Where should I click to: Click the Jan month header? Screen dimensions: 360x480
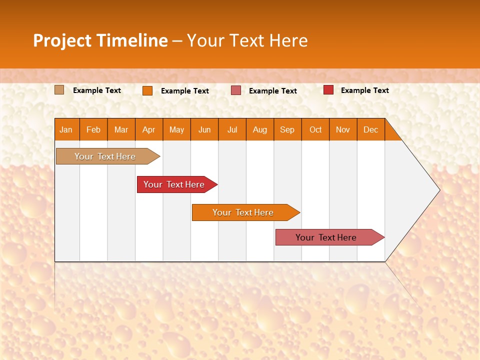[66, 129]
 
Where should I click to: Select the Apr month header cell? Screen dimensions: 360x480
[149, 129]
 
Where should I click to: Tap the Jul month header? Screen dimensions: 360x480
[232, 129]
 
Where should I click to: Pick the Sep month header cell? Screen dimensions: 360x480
[287, 129]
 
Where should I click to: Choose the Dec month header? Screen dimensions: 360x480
[370, 129]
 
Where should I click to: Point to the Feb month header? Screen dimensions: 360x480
[93, 129]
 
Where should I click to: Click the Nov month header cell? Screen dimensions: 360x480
[343, 129]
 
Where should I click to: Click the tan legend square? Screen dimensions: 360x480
[59, 90]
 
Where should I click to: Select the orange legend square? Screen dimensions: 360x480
[147, 90]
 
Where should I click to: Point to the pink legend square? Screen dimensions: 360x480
[236, 90]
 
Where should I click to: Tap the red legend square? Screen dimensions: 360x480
[328, 90]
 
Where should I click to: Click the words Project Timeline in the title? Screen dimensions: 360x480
[100, 40]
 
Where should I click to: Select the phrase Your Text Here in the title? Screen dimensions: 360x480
[247, 40]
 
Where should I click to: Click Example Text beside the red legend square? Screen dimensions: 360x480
[364, 90]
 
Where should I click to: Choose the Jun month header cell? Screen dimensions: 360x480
[204, 129]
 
